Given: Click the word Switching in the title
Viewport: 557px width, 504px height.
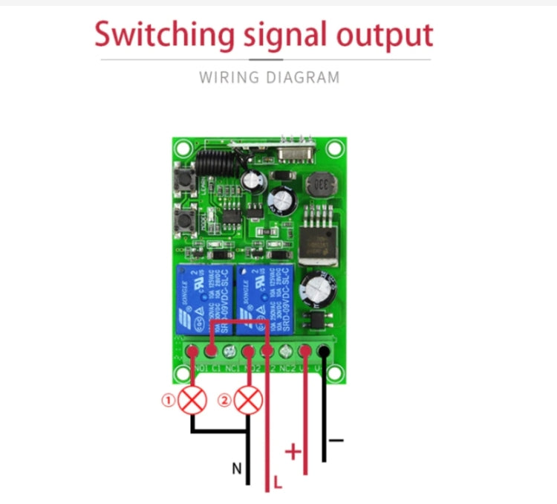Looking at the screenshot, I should point(161,35).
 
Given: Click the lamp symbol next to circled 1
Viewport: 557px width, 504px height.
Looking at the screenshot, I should point(194,401).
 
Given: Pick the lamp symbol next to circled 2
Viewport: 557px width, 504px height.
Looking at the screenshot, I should point(249,401).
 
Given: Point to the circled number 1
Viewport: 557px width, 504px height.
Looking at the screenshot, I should point(169,401).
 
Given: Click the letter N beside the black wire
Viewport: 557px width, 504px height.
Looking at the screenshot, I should point(236,468).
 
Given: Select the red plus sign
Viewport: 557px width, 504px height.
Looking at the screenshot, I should point(294,451).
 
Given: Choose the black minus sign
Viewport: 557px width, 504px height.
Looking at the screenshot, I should point(336,440).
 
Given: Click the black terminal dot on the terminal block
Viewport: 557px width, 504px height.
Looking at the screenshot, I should point(323,353).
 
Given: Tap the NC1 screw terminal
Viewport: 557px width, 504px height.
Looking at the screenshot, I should point(230,353).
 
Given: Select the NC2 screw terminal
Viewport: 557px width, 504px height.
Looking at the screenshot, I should point(286,353).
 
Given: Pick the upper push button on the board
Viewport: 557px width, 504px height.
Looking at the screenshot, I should point(181,181).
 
